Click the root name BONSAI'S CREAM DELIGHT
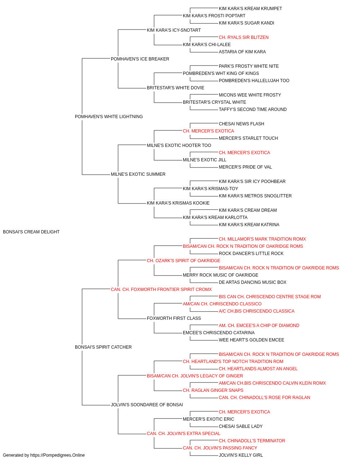pyautogui.click(x=31, y=232)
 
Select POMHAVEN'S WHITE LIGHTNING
pyautogui.click(x=109, y=117)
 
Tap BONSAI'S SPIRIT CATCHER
pyautogui.click(x=103, y=347)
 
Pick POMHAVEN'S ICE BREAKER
pyautogui.click(x=140, y=59)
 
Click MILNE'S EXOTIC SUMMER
pyautogui.click(x=138, y=174)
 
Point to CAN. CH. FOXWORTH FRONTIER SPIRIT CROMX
pyautogui.click(x=161, y=289)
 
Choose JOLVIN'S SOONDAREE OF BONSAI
pyautogui.click(x=147, y=405)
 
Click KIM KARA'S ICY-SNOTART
pyautogui.click(x=174, y=30)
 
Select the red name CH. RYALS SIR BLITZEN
pyautogui.click(x=244, y=37)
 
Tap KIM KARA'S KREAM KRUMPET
pyautogui.click(x=251, y=9)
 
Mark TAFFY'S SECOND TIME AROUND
pyautogui.click(x=253, y=109)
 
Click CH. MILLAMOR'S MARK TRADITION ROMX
pyautogui.click(x=262, y=239)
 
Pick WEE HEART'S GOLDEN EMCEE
pyautogui.click(x=251, y=340)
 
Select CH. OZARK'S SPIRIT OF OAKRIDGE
pyautogui.click(x=184, y=261)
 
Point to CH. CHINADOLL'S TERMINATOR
pyautogui.click(x=252, y=441)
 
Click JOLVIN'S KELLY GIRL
pyautogui.click(x=241, y=455)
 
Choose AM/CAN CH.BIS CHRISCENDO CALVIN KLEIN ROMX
pyautogui.click(x=272, y=383)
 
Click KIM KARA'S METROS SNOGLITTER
pyautogui.click(x=255, y=196)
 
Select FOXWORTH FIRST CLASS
pyautogui.click(x=174, y=318)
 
